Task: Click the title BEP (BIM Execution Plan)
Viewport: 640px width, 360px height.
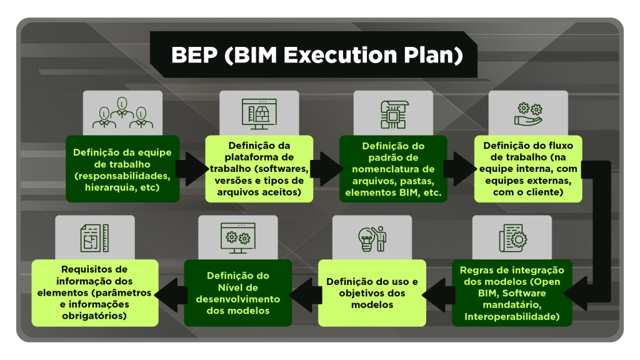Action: [x=317, y=55]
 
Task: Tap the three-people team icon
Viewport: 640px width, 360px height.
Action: [x=122, y=113]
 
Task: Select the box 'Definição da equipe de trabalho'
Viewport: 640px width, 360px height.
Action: [x=122, y=169]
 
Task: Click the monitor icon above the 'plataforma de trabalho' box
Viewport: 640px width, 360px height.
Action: [x=259, y=114]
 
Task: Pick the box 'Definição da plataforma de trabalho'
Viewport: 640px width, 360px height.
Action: [x=259, y=169]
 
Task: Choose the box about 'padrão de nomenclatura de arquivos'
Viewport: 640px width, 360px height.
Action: [x=394, y=169]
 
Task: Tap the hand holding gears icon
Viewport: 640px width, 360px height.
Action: [x=528, y=114]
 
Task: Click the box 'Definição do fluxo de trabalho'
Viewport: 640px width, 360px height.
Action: [x=528, y=169]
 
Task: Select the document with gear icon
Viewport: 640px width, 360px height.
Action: [x=512, y=238]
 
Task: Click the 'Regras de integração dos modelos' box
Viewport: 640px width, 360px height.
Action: [x=512, y=293]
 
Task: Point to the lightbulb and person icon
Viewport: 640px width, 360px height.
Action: [x=372, y=239]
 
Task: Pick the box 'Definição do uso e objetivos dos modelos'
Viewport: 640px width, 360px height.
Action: [x=372, y=293]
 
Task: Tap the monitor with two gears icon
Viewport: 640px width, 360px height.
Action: [x=238, y=238]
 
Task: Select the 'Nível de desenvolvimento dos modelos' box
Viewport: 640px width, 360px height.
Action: [x=238, y=293]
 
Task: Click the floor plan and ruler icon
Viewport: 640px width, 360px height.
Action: [x=95, y=238]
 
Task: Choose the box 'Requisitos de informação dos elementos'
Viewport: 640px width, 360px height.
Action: [x=95, y=293]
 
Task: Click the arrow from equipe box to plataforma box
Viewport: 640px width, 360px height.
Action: [x=192, y=169]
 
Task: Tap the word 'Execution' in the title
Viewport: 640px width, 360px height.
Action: [x=340, y=55]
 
